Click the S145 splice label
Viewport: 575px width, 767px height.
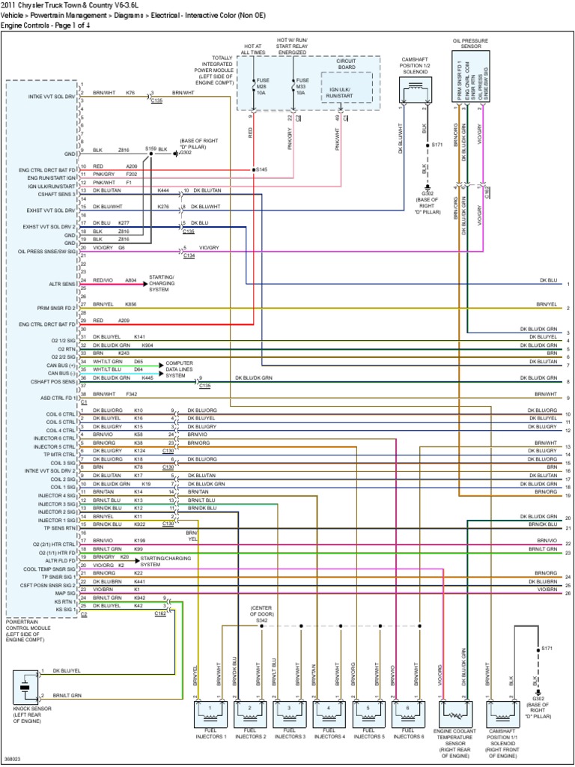(x=261, y=170)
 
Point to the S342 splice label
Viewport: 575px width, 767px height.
(x=261, y=621)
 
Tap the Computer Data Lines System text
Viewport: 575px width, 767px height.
(x=186, y=369)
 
